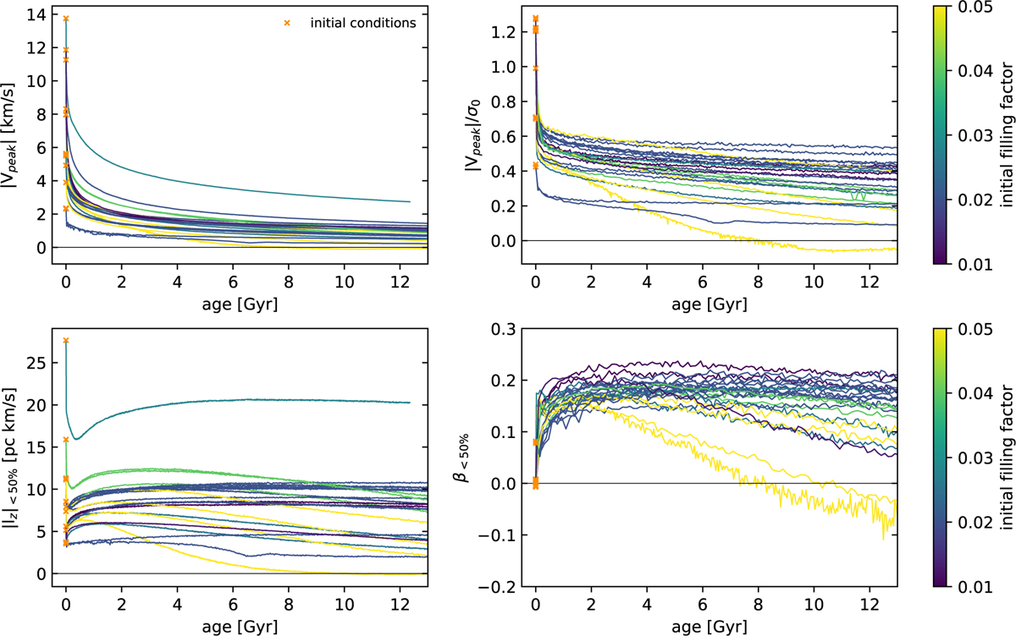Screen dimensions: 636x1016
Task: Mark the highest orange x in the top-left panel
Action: (x=66, y=19)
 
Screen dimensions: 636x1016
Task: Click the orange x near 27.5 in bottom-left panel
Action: (x=66, y=341)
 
